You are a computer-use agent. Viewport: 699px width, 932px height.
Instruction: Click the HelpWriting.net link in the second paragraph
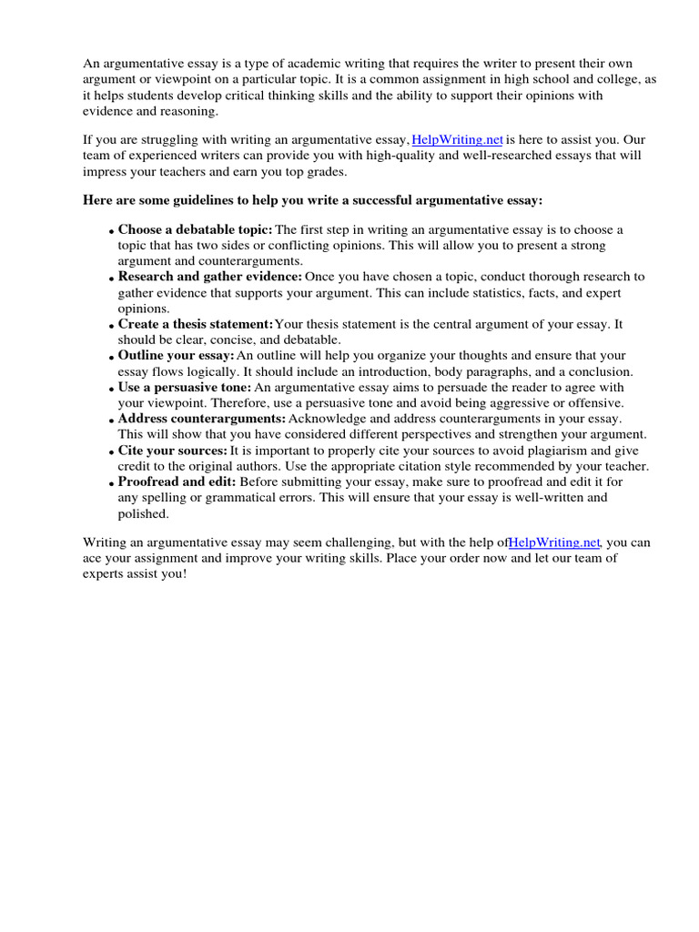(458, 140)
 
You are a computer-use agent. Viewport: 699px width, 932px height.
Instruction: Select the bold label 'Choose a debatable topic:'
(195, 230)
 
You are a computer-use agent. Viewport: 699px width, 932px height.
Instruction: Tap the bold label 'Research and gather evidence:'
(209, 277)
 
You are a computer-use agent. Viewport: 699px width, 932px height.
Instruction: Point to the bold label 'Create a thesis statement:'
(195, 324)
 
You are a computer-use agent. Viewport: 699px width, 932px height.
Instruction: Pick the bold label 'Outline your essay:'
(176, 356)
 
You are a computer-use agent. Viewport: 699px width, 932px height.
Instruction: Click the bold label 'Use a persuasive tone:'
(184, 387)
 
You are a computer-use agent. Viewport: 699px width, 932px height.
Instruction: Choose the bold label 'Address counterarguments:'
(201, 419)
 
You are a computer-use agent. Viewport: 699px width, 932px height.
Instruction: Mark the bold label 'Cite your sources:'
(172, 451)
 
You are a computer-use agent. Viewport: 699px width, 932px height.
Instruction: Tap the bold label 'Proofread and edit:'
(177, 482)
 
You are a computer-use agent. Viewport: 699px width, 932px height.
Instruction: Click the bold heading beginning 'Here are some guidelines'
(312, 199)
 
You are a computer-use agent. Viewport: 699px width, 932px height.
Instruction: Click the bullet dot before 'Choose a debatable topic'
(111, 232)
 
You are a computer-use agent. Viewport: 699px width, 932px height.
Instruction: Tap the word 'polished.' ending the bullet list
(143, 513)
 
